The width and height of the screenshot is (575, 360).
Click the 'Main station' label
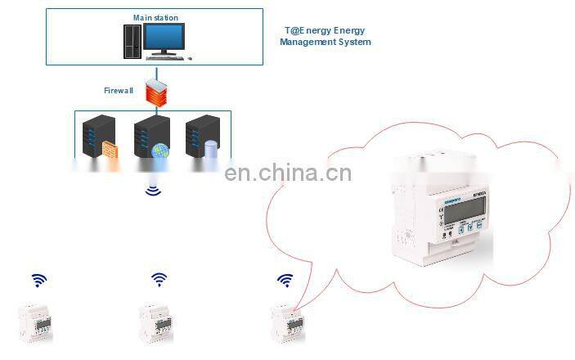coord(155,17)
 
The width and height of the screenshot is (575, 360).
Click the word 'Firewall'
coord(119,90)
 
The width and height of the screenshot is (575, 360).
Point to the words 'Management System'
coord(325,42)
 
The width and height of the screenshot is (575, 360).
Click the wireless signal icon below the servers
coord(152,191)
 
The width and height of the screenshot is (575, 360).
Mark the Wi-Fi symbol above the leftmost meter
coord(38,280)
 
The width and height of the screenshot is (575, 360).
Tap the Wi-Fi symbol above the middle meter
coord(159,280)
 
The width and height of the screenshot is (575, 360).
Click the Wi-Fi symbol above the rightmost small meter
coord(285,280)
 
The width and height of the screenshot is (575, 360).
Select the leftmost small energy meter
coord(35,322)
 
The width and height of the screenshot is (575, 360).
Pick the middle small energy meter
coord(155,322)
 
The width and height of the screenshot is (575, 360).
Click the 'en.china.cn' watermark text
coord(287,173)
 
